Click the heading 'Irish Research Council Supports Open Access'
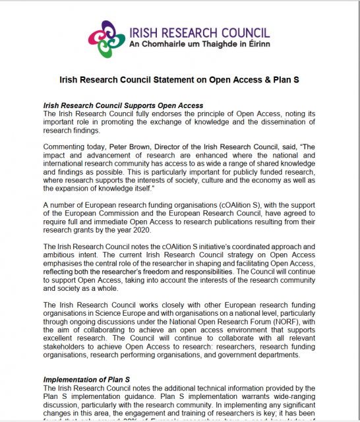(x=123, y=105)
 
